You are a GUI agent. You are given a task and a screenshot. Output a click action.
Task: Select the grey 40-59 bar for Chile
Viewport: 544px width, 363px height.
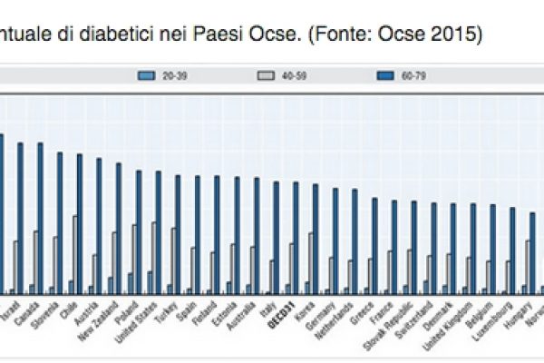click(x=74, y=254)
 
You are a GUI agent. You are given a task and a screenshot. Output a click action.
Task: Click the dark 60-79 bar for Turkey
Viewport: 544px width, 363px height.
click(x=178, y=233)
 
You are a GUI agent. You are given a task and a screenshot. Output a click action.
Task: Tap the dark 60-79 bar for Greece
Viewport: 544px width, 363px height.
click(x=374, y=245)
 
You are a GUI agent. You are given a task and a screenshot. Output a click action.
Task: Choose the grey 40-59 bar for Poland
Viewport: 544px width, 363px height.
click(x=133, y=259)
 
